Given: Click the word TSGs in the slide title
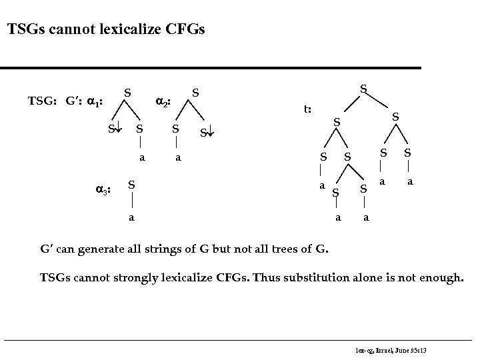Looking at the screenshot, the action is [25, 29].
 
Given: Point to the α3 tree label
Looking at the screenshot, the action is [102, 189].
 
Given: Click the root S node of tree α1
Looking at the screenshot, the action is [127, 91].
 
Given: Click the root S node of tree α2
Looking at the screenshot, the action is [196, 91].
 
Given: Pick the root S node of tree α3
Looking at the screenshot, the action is [132, 184].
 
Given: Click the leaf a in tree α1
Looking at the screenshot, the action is [141, 159].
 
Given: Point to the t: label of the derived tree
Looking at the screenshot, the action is [308, 109].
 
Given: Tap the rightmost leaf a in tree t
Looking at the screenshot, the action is [411, 181].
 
